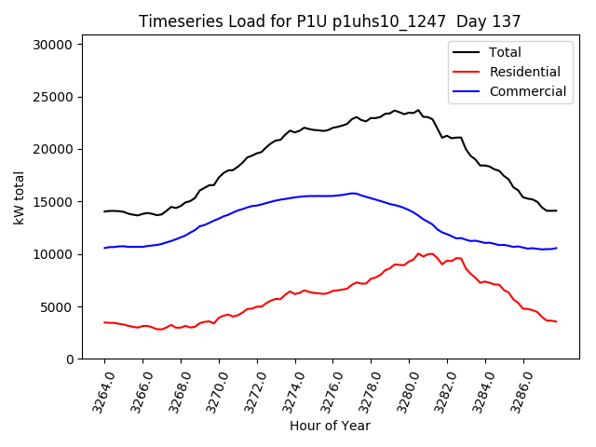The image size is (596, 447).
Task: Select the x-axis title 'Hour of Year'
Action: (x=331, y=426)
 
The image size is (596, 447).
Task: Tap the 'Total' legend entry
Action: (x=505, y=52)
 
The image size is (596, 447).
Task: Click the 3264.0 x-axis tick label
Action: (x=97, y=390)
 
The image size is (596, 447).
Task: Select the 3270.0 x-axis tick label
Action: (x=211, y=390)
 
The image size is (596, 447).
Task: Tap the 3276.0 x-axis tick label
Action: (x=326, y=390)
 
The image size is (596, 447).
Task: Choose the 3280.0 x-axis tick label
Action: (x=402, y=390)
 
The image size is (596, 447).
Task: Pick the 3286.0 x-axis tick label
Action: (x=516, y=390)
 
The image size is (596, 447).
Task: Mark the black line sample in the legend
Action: (x=466, y=52)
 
